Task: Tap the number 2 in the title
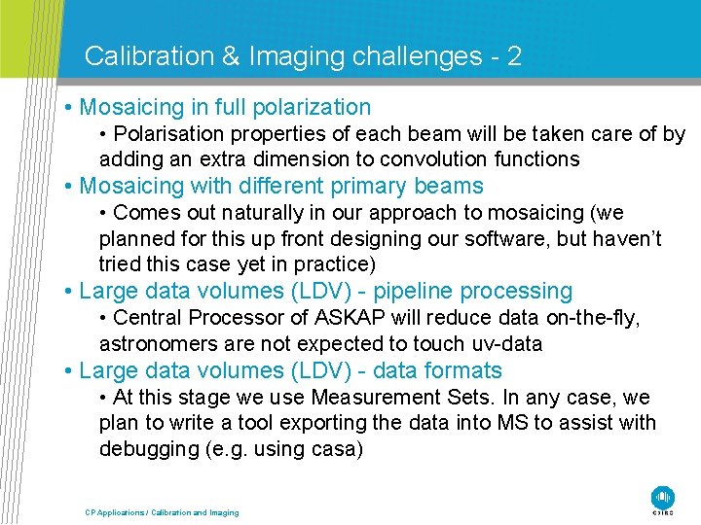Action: (x=514, y=56)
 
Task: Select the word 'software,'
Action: (x=486, y=239)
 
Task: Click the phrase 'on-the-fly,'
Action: (x=591, y=318)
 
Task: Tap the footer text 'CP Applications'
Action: (x=113, y=512)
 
